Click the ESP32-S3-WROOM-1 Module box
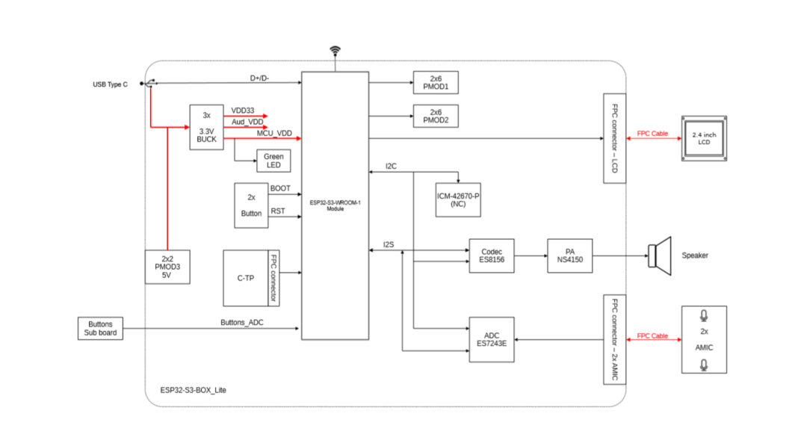335,205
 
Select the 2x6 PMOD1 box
436,83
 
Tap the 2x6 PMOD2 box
436,117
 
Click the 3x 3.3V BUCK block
206,127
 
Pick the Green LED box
273,161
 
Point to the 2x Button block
251,205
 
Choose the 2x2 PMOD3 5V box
167,267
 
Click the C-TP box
245,278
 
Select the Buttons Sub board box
100,329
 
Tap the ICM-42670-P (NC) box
458,199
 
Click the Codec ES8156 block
492,255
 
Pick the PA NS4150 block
569,255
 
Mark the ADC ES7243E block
492,340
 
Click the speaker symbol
661,255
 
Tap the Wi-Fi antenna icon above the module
335,51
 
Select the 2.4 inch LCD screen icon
703,138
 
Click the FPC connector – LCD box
614,138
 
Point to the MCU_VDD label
274,133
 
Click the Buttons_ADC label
242,323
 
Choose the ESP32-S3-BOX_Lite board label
194,390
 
